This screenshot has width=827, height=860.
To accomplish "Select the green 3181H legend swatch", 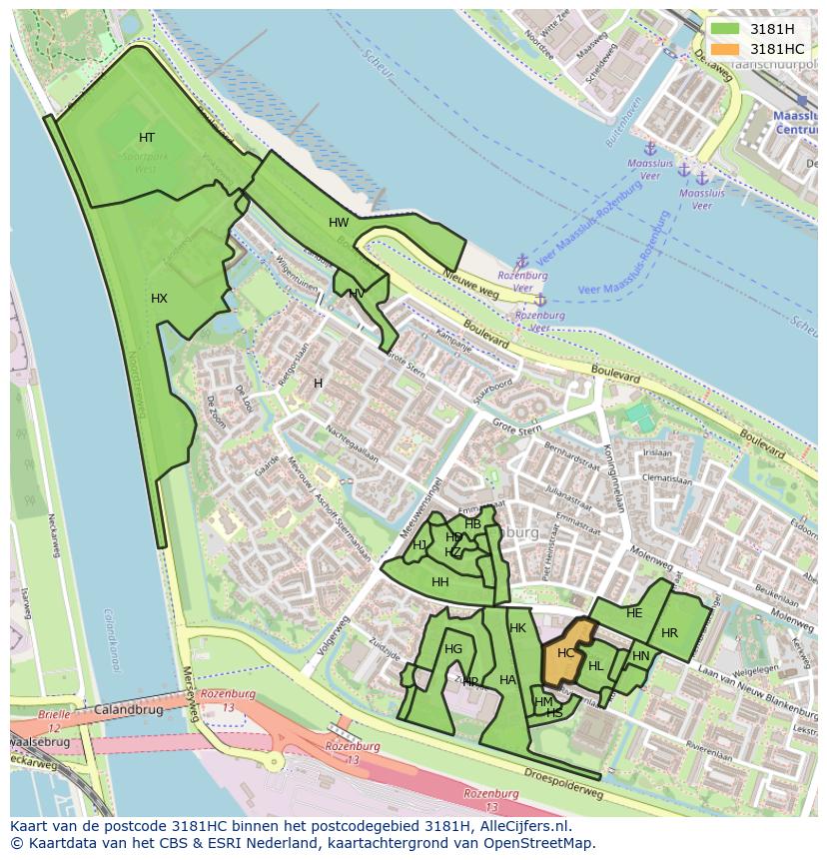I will pos(726,29).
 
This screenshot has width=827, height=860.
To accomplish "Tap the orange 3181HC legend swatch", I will pos(726,49).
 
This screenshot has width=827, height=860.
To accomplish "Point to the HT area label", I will pos(147,138).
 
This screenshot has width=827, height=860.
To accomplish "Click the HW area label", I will pos(339,223).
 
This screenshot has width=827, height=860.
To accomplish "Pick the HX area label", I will pos(159,299).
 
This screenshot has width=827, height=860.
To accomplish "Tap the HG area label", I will pos(453,649).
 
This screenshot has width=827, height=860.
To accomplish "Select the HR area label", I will pos(669,633).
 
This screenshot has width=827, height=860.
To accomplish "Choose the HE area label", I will pos(634,613).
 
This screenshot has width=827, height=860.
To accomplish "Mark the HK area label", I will pos(517,628).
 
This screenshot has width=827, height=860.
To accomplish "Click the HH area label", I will pos(439,582).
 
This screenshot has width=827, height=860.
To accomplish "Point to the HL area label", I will pos(595,666).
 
